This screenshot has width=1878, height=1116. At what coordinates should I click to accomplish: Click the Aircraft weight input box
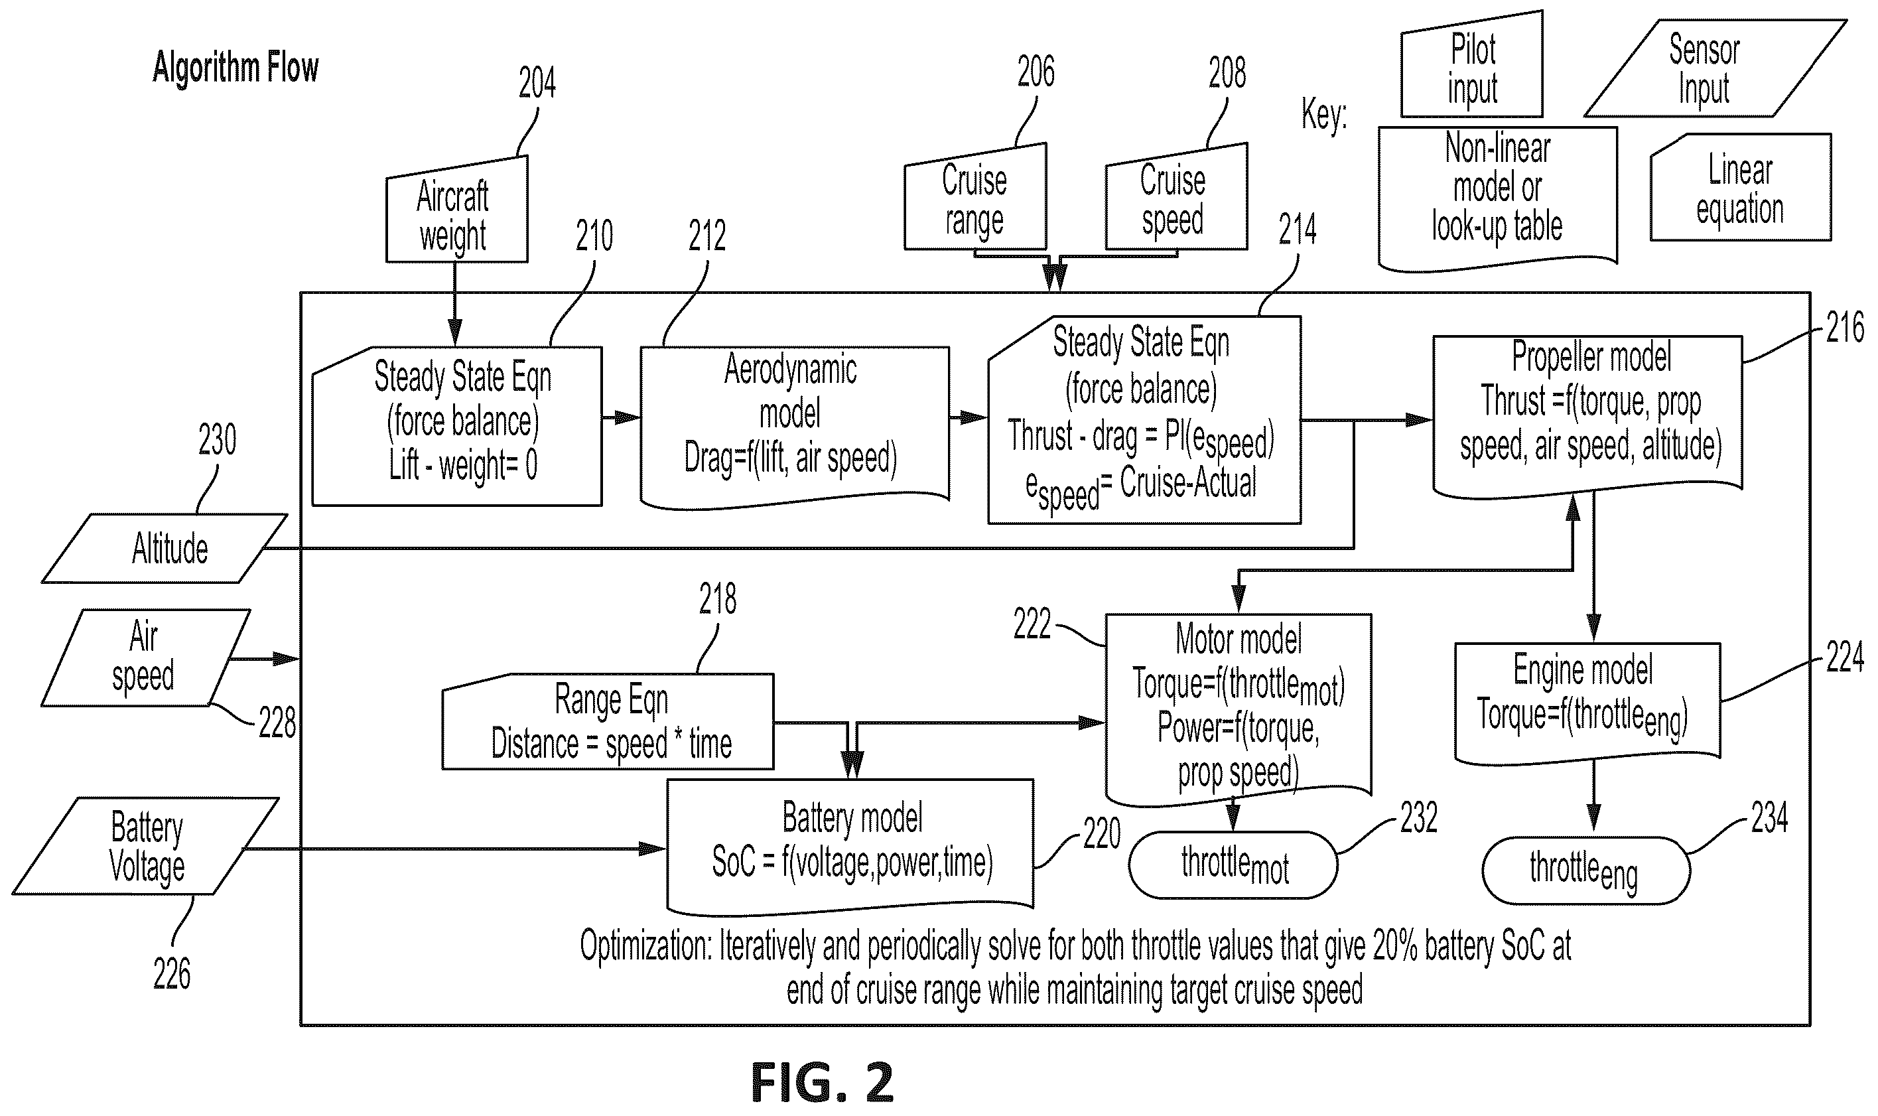click(x=457, y=210)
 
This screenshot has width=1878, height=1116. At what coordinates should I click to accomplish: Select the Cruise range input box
click(x=975, y=197)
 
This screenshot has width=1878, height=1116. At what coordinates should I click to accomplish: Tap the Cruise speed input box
click(x=1175, y=197)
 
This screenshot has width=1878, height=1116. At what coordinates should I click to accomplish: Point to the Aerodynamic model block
click(x=795, y=427)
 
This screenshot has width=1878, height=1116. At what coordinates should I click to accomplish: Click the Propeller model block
click(x=1588, y=416)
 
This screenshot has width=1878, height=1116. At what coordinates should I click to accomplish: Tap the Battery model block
click(x=850, y=846)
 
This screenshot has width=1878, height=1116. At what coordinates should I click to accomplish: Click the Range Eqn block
click(x=608, y=721)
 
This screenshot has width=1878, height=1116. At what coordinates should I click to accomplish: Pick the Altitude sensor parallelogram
click(x=165, y=548)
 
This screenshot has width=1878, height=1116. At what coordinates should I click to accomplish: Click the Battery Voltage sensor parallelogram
click(x=146, y=846)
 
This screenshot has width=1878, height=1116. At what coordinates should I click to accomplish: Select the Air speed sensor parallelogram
click(x=146, y=658)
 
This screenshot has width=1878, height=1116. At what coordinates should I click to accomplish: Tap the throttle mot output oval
click(x=1233, y=865)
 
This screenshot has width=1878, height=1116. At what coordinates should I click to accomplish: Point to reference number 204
click(x=537, y=83)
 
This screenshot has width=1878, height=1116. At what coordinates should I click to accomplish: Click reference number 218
click(x=717, y=599)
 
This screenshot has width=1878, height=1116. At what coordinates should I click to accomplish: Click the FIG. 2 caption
click(x=822, y=1083)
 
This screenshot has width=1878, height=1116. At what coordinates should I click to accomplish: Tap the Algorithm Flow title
click(x=235, y=68)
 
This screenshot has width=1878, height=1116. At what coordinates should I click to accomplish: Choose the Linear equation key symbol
click(x=1741, y=187)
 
